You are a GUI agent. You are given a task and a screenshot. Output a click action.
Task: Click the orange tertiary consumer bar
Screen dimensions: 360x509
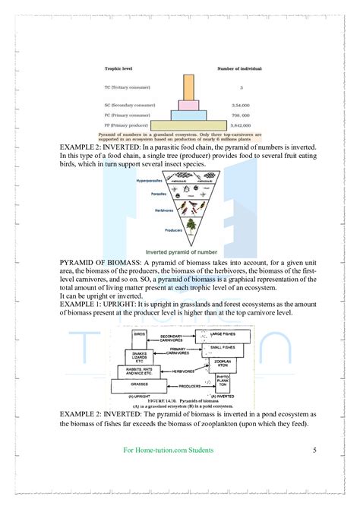(189, 88)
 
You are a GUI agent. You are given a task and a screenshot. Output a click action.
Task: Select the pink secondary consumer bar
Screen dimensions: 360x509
(189, 103)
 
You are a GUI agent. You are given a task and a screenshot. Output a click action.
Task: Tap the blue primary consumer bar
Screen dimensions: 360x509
(189, 115)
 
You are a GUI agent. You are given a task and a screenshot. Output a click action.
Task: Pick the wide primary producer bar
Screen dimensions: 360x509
(189, 125)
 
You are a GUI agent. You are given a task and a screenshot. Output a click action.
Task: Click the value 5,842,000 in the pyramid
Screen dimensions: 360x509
(241, 125)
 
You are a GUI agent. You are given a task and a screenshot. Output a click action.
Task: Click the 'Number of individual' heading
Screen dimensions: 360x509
(241, 69)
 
